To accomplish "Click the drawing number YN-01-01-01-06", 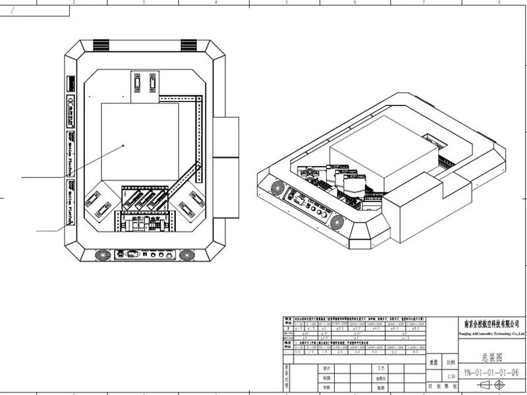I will point(491,372).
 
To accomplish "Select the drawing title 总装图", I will point(491,357).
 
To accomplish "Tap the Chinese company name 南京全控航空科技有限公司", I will point(491,324).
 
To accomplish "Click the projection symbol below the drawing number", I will point(491,384).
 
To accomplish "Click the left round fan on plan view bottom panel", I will point(102,254).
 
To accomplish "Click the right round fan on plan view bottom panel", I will point(187,254).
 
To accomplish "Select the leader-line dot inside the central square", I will point(123,145).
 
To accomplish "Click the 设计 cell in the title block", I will point(325,368).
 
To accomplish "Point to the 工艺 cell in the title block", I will point(380,368).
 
